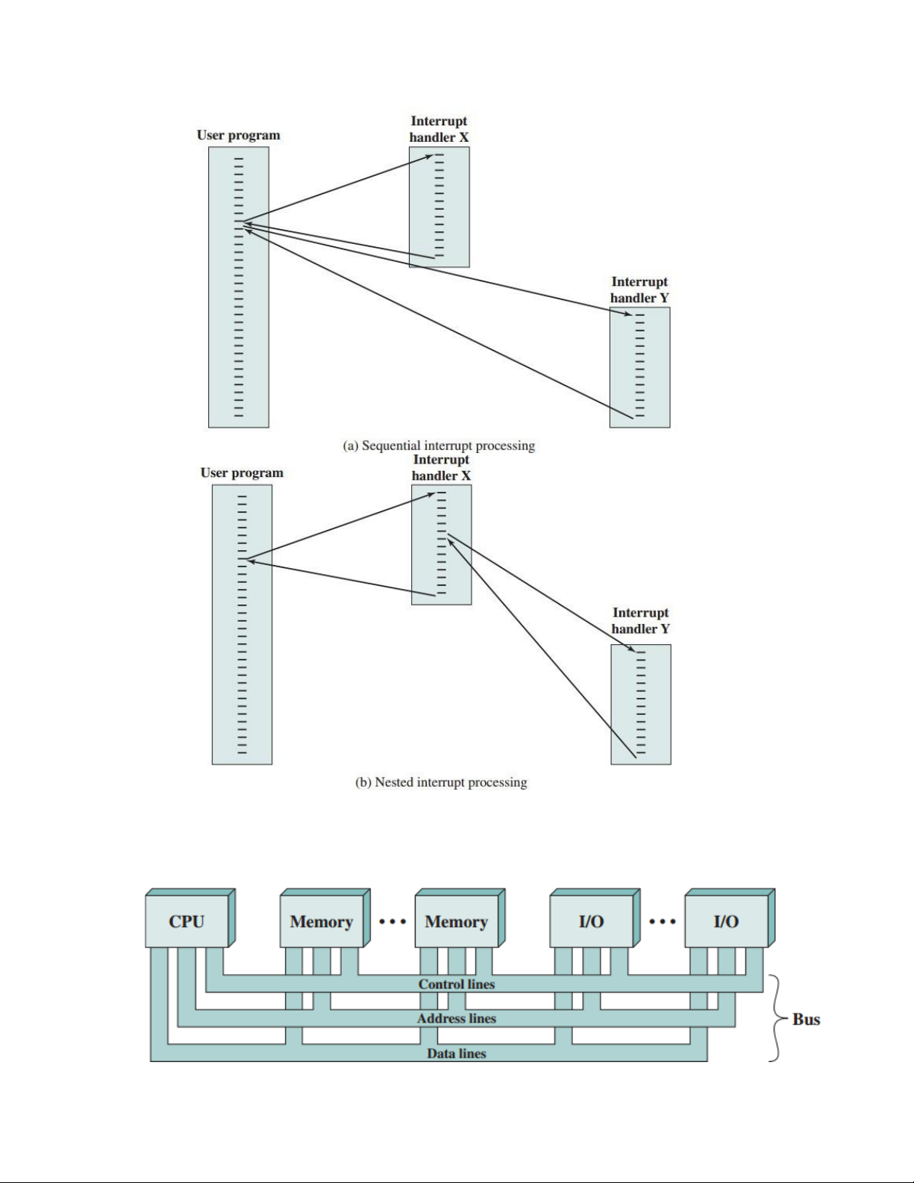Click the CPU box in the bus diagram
coord(187,921)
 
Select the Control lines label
coord(457,984)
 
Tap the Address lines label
coord(457,1019)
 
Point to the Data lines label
coord(457,1054)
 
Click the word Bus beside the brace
coord(806,1020)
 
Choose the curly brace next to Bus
coord(776,1018)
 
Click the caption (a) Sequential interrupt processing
coord(439,446)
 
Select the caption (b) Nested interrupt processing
coord(441,782)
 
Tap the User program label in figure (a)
coord(239,135)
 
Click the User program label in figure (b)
coord(242,472)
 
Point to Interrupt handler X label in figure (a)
coord(439,129)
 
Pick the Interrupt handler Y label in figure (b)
coord(641,621)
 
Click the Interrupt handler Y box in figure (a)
coord(639,367)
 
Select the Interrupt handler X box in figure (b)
coord(441,545)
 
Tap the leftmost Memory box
coord(322,921)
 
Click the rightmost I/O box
coord(726,921)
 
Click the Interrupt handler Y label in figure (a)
coord(639,290)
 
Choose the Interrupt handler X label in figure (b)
coord(441,467)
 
